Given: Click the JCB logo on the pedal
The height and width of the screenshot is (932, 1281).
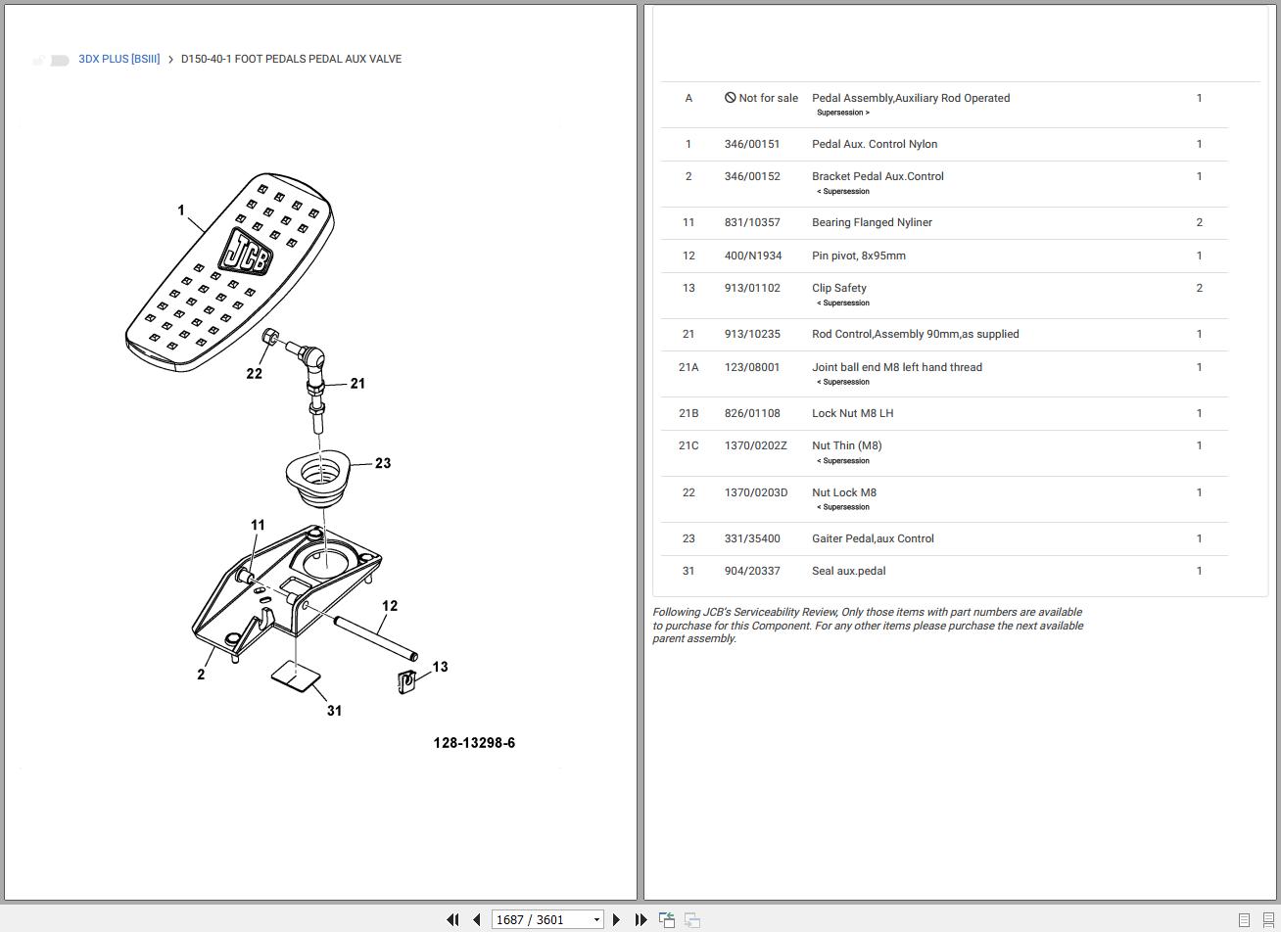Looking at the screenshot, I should pos(244,253).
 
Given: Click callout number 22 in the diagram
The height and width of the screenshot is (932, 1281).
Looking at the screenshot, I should pos(254,373).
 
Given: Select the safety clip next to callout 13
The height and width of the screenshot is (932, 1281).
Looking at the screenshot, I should pos(407,681).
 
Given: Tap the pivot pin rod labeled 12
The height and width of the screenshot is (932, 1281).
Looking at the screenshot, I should pos(376,637).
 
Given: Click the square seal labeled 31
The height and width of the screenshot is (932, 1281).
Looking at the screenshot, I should pos(296,675).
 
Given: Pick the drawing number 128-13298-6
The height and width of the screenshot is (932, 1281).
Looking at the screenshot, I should pos(474,743).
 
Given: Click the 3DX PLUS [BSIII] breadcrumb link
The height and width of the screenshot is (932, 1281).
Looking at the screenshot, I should pos(119,59).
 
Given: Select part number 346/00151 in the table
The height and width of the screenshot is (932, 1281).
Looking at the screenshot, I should pos(752,144).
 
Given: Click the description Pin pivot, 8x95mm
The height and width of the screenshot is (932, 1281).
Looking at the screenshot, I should pos(858,256).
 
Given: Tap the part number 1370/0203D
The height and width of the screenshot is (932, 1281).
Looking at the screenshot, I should pos(755,492).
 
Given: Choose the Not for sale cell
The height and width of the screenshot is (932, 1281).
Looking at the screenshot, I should pos(761,98).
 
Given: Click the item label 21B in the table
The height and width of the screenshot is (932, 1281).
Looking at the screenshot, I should pos(688,413).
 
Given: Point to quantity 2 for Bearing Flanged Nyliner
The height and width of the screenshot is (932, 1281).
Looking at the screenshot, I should pos(1199,222).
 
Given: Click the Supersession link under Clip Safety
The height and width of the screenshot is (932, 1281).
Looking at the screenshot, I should pos(843,303).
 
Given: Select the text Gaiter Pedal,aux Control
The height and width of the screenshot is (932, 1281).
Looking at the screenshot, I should pos(873,538).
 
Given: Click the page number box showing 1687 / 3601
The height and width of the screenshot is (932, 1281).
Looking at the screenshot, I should pos(546,919).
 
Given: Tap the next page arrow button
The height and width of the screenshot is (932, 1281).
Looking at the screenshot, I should pos(616,919).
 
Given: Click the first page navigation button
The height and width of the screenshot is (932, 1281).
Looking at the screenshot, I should pos(452,919).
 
